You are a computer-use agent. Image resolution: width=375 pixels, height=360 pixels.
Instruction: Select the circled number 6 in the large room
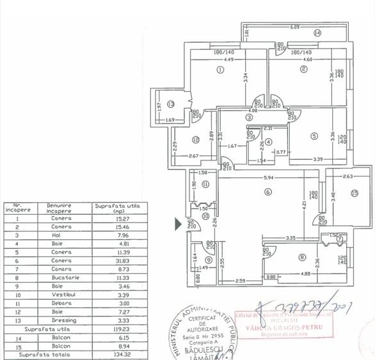(268, 191)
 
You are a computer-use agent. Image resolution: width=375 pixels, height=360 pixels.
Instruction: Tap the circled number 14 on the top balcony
(317, 33)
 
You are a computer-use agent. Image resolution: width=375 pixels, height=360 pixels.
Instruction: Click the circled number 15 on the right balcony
(354, 194)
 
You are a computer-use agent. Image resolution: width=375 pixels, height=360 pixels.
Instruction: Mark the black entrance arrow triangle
(179, 224)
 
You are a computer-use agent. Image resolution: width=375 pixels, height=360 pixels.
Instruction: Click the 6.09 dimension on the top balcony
(294, 27)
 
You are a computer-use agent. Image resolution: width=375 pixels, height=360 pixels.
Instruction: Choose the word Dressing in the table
(58, 320)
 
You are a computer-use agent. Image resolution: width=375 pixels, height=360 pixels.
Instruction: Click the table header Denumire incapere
(59, 208)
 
